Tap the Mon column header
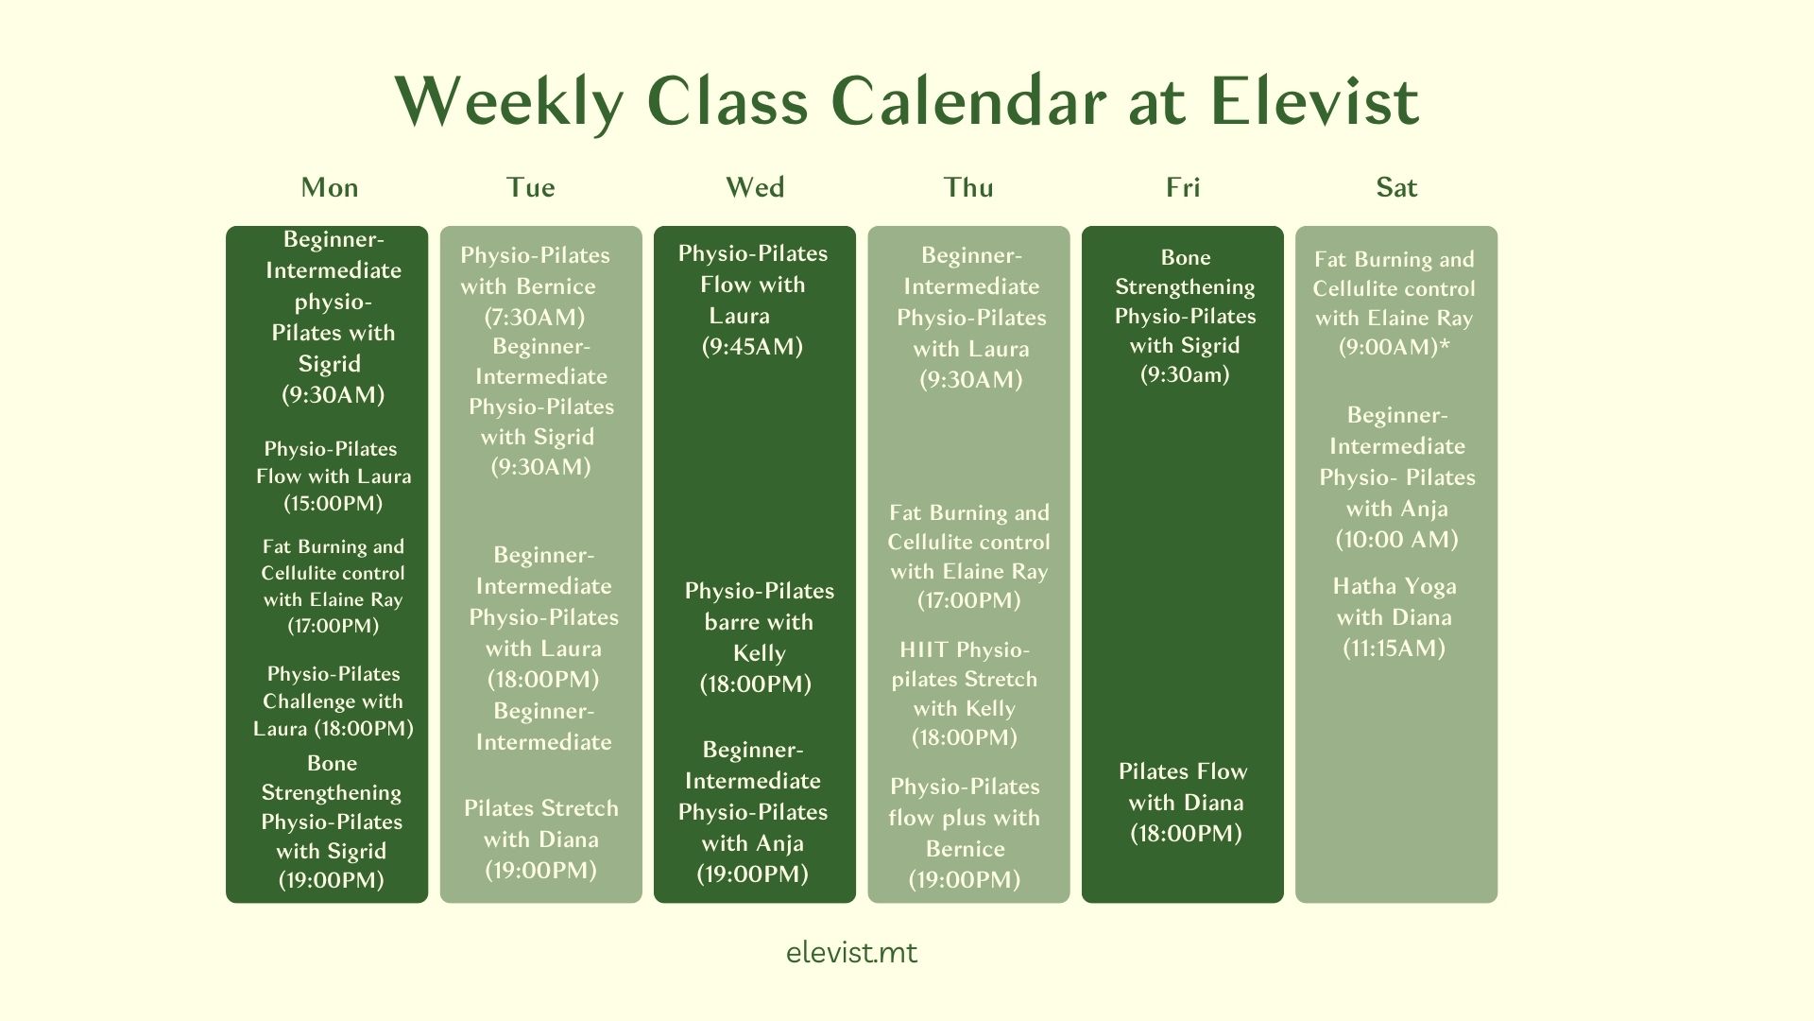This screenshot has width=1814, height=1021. click(330, 187)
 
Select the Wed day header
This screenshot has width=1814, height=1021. click(755, 187)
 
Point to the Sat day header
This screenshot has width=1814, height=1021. click(1396, 187)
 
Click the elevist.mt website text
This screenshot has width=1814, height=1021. click(851, 952)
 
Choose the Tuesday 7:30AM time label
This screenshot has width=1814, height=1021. click(535, 317)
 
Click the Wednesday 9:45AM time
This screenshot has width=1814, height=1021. click(752, 346)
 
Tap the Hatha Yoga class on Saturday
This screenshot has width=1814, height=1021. click(1395, 616)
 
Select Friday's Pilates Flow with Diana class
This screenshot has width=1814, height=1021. click(1184, 802)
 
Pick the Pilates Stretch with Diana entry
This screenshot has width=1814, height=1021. click(541, 839)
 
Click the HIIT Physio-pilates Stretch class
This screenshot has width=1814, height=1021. click(965, 693)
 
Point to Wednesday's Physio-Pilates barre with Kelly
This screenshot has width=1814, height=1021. click(759, 637)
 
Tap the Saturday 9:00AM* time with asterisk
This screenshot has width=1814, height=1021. click(1395, 347)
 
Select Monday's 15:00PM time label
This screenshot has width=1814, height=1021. click(334, 503)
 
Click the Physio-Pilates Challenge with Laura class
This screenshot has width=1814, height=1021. click(334, 701)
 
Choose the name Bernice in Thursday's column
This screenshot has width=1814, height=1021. click(966, 848)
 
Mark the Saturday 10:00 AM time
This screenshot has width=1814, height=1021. click(1397, 539)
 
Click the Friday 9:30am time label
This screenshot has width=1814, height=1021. click(1185, 374)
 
